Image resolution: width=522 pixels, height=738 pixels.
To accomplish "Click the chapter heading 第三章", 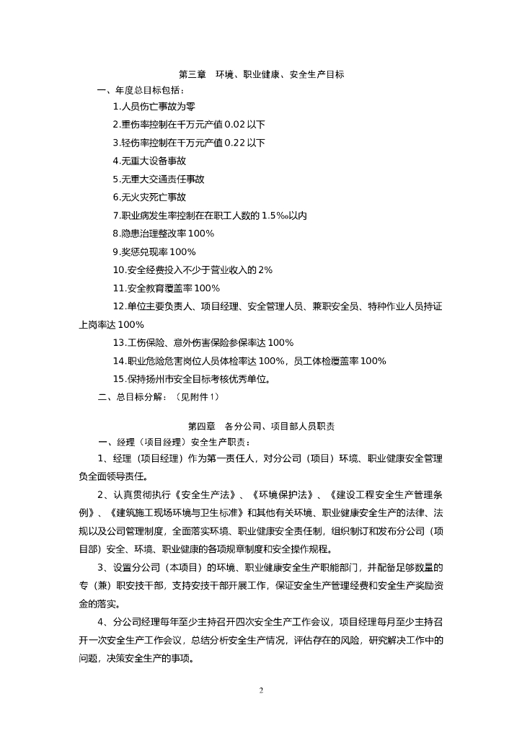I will click(x=193, y=74).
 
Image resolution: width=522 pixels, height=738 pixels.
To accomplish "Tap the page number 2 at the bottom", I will click(x=261, y=690).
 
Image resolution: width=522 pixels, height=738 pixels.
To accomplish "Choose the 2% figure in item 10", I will click(x=265, y=270).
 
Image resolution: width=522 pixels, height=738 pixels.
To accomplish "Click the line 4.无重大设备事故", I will click(x=149, y=161).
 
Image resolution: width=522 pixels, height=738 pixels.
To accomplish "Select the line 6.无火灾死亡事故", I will click(x=149, y=197).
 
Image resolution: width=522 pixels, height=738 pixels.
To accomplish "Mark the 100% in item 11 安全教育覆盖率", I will click(x=206, y=288).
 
